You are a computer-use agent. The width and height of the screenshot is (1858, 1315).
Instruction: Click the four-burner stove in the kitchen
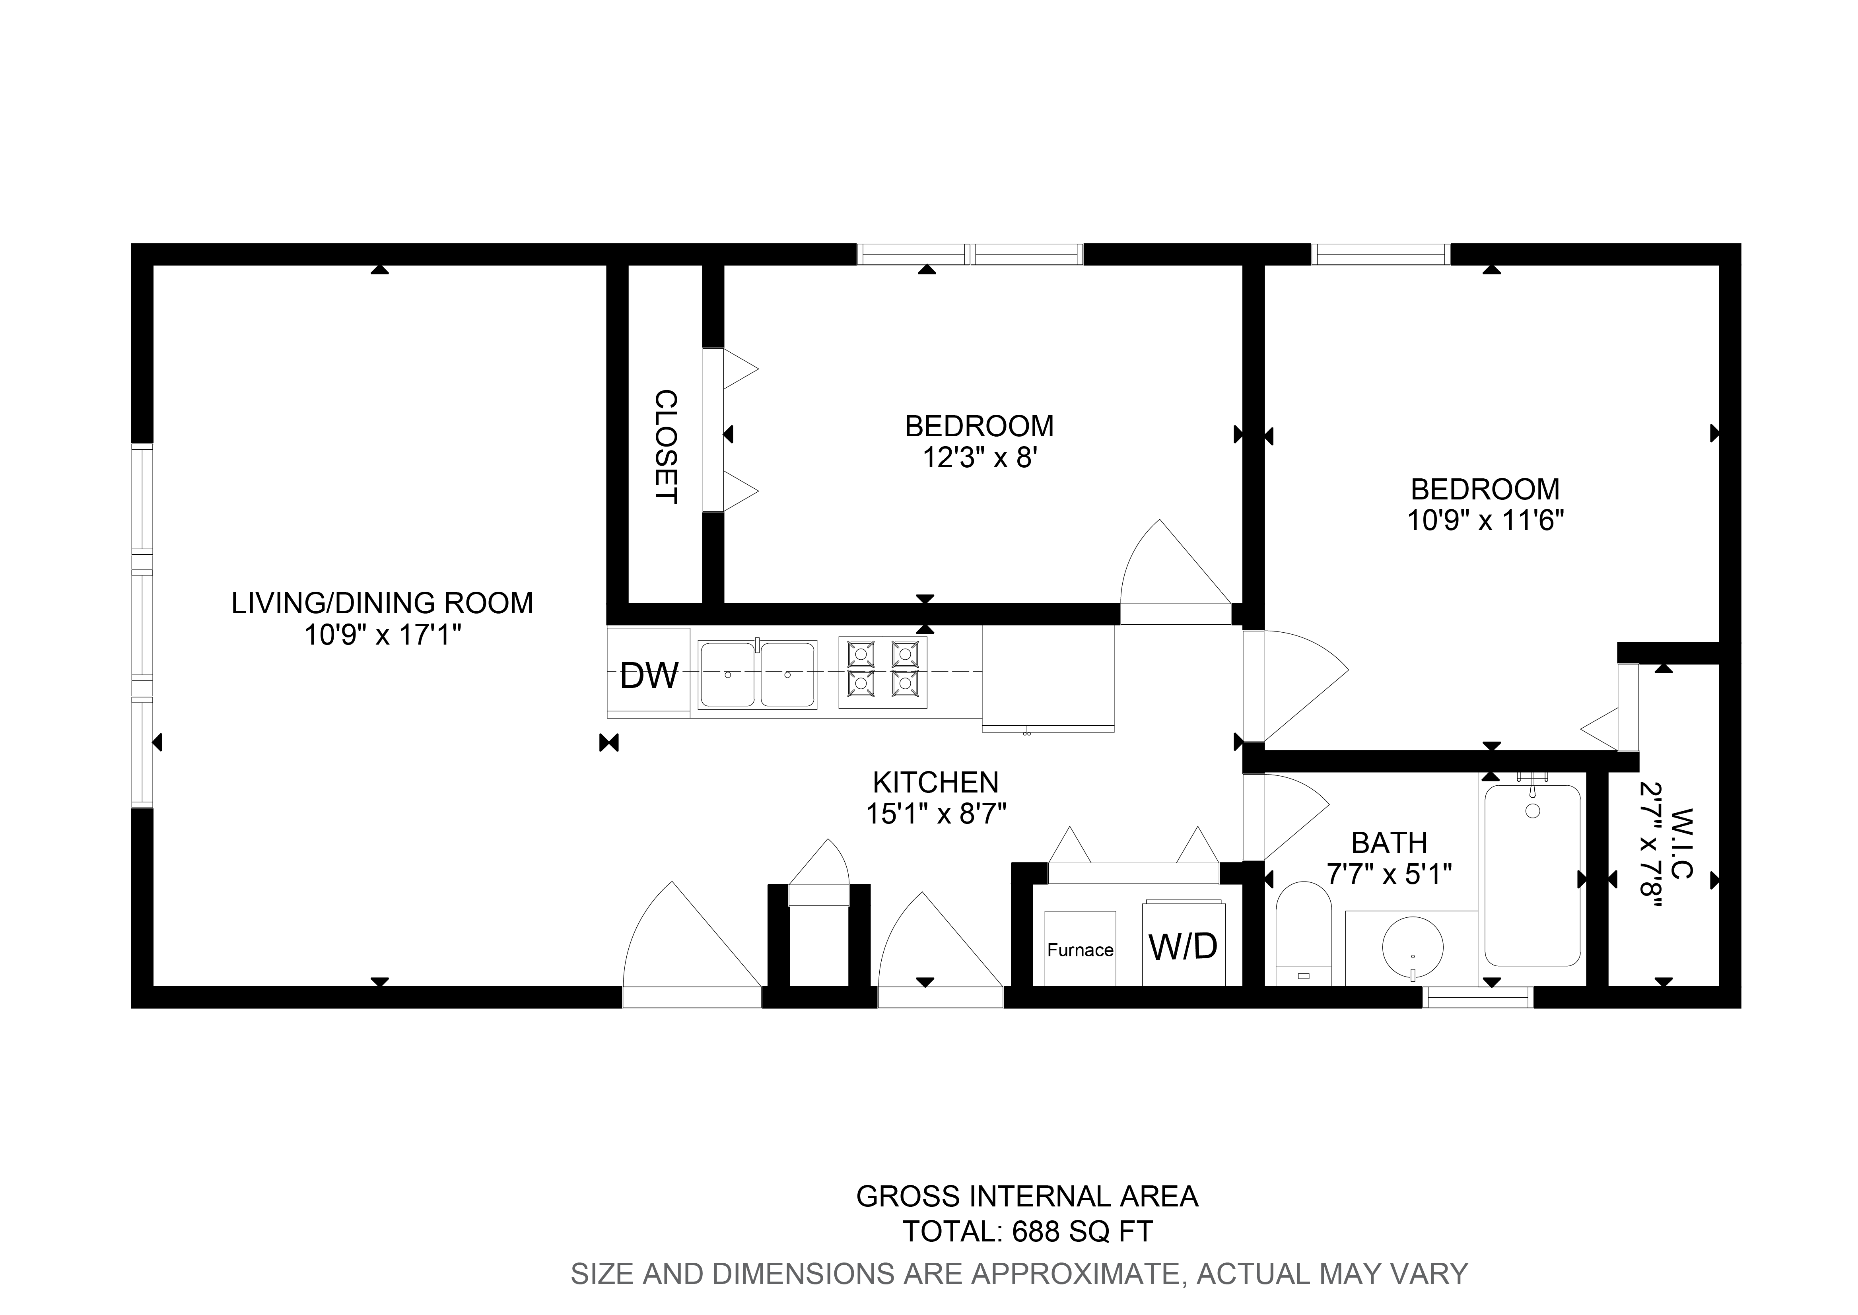tap(882, 672)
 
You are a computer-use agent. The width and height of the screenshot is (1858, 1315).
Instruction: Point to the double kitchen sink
tap(757, 674)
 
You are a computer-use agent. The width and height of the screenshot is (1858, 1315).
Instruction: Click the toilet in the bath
tap(1304, 935)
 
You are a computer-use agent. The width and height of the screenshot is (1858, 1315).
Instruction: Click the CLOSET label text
tap(665, 447)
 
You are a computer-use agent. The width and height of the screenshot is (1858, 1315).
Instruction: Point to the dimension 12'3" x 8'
tap(980, 458)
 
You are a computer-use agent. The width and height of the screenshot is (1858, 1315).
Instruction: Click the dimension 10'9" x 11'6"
tap(1485, 520)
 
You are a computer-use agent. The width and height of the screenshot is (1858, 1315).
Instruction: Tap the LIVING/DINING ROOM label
tap(382, 603)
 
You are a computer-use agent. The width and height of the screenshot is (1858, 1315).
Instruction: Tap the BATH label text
tap(1389, 843)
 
